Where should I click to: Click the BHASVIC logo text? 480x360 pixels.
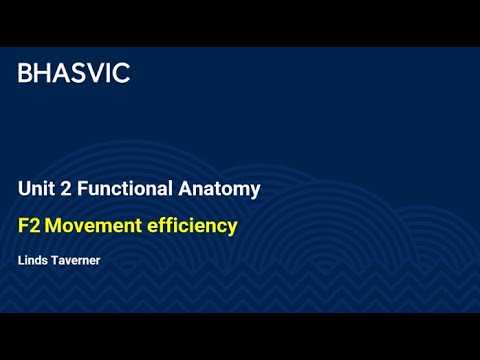point(74,73)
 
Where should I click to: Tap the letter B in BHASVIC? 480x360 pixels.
point(25,73)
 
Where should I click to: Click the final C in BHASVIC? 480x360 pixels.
point(121,73)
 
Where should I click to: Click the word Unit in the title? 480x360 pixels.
point(35,188)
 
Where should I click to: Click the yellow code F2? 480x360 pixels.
point(28,226)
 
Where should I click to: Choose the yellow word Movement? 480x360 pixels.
point(93,226)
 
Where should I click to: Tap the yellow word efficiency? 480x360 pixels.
point(194,226)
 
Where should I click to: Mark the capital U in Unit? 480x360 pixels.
point(24,188)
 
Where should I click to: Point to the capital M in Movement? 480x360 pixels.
point(54,226)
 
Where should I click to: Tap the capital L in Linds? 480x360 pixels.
point(20,261)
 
